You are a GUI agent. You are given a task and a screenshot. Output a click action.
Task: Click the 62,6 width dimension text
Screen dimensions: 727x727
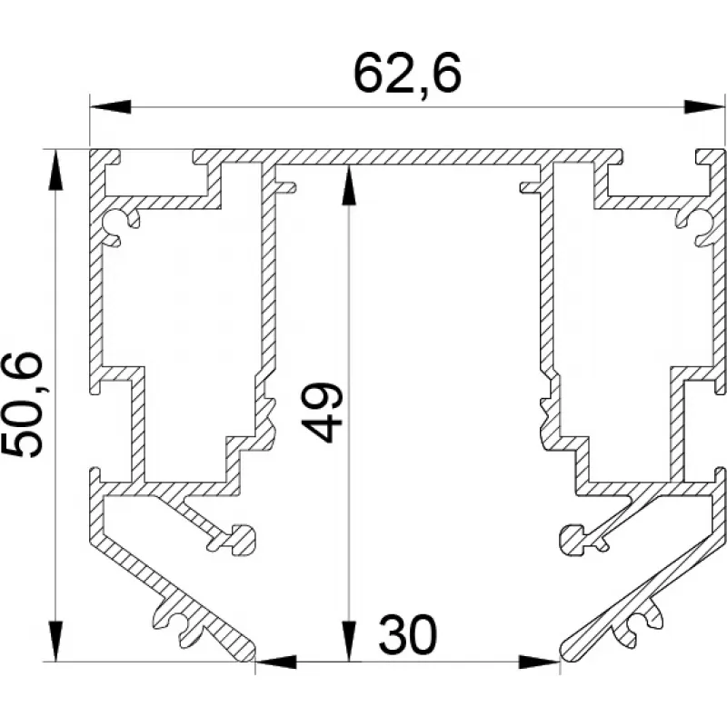point(407,73)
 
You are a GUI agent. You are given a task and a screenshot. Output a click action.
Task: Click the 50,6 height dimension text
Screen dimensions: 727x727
point(23,404)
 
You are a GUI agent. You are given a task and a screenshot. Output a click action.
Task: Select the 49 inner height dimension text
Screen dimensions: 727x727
point(323,413)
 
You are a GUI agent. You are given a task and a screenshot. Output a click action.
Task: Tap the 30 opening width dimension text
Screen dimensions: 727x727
point(407,633)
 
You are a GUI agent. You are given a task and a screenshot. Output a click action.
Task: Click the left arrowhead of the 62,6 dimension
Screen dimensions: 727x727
point(110,106)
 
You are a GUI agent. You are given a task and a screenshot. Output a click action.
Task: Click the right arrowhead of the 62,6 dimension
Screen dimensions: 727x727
point(704,106)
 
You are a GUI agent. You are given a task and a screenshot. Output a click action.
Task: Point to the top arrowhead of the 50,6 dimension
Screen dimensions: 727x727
point(55,170)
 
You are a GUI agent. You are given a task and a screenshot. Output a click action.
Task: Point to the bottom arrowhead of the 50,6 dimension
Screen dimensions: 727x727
point(55,642)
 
